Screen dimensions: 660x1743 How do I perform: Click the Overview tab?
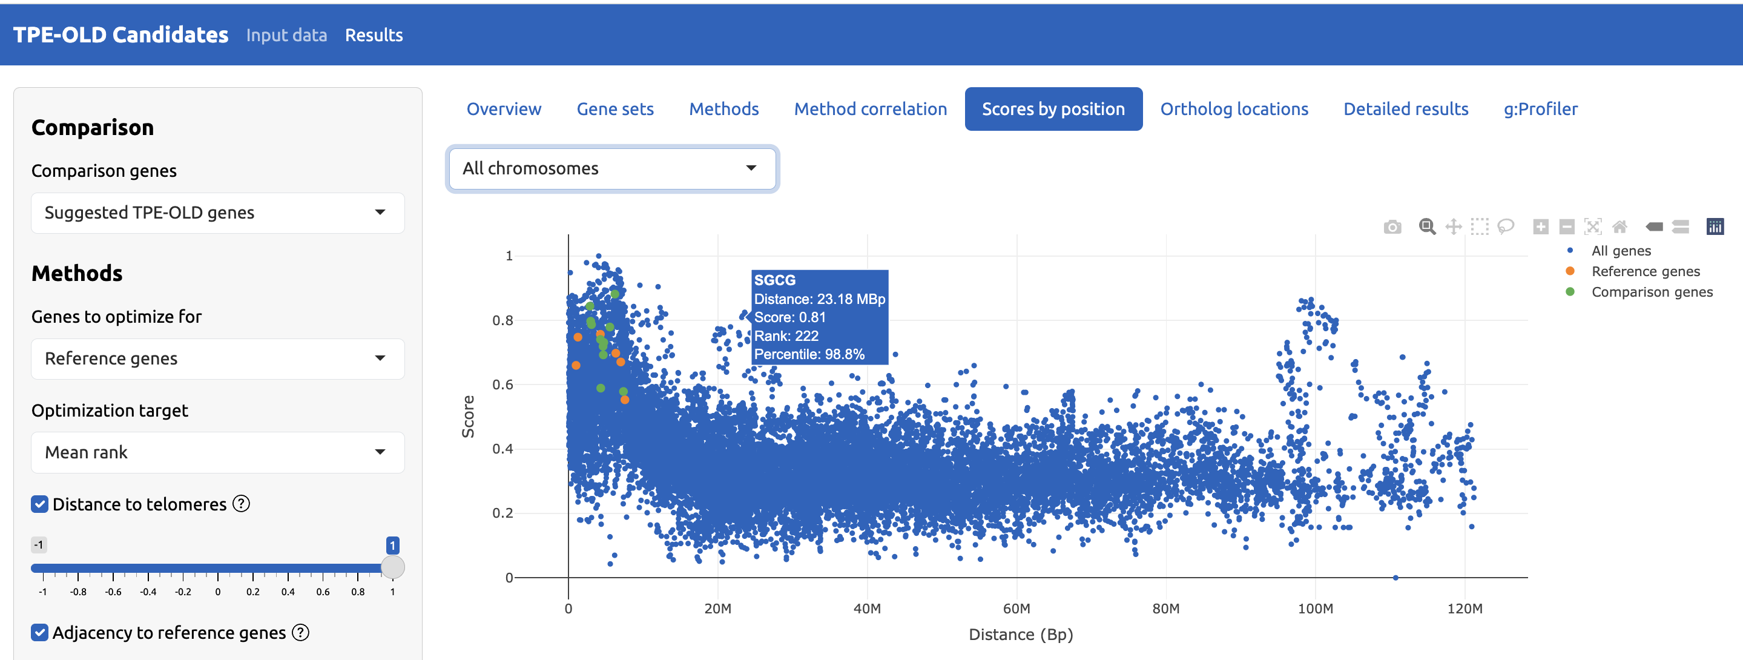coord(504,109)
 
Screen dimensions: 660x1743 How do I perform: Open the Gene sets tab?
coord(614,109)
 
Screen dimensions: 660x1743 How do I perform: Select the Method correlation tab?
coord(870,109)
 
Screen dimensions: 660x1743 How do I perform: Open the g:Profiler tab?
coord(1540,109)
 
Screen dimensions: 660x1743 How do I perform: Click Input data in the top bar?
coord(286,35)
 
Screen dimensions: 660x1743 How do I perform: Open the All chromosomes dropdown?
coord(611,168)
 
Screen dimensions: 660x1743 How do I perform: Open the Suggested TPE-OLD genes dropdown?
coord(217,213)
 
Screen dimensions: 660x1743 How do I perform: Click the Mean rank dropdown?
coord(217,452)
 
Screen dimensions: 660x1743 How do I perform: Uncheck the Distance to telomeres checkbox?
coord(40,504)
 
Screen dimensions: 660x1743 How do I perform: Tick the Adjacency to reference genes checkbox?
coord(40,632)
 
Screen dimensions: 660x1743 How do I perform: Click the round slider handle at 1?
coord(392,567)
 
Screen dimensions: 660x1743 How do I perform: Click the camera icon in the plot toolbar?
coord(1392,227)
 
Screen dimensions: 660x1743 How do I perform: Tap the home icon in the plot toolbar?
coord(1619,227)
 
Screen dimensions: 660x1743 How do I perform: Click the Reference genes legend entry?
coord(1645,271)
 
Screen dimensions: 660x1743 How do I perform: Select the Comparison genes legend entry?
coord(1651,292)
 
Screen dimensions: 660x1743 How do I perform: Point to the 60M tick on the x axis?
coord(1016,609)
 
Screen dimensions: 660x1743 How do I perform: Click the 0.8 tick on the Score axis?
coord(502,320)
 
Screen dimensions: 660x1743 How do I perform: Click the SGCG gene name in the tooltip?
coord(775,280)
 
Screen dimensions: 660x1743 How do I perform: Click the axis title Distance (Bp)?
coord(1020,635)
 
